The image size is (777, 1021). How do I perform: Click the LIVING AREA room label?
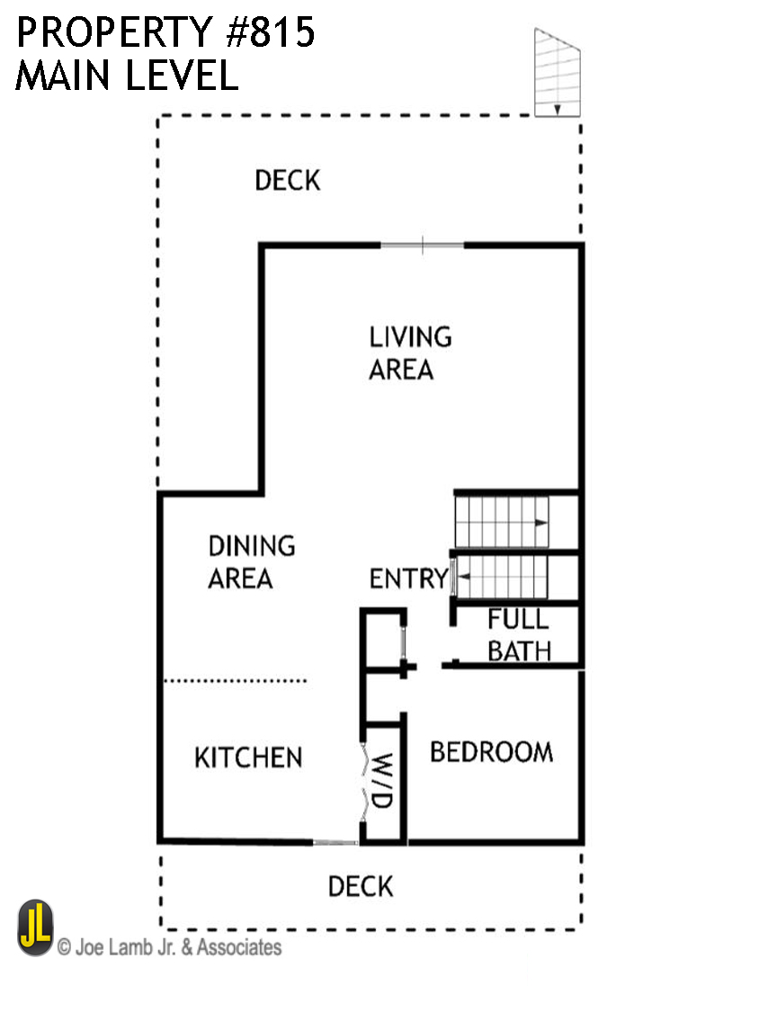410,353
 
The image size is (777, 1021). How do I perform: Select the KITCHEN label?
248,757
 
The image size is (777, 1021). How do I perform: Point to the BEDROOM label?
491,752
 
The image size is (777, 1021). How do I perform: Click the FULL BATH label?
519,634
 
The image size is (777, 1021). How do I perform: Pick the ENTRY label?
408,578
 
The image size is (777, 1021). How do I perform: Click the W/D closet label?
382,781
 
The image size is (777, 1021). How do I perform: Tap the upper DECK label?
287,180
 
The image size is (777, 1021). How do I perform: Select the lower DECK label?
360,887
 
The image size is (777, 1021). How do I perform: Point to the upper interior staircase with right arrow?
502,522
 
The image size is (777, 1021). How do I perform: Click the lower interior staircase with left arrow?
502,576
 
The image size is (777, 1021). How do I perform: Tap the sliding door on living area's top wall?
423,245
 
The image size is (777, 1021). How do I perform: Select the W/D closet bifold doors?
363,781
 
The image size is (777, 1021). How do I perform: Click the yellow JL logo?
35,928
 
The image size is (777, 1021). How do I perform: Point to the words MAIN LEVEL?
126,76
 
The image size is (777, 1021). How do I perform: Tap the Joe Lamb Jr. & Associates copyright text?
169,947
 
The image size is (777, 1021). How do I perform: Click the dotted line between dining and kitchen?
236,681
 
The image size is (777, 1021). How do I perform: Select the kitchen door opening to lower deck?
335,843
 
